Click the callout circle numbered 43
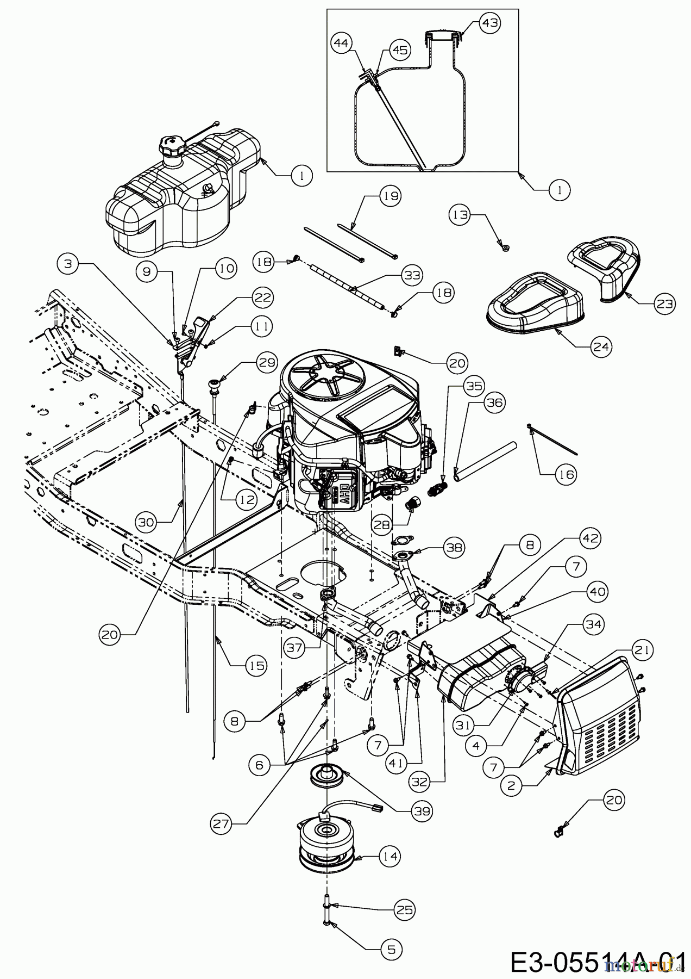(489, 23)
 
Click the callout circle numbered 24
(601, 346)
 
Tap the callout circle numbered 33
(411, 276)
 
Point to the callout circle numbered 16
(564, 475)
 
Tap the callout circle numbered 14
(389, 857)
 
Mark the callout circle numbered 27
(221, 825)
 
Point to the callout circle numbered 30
(147, 523)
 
